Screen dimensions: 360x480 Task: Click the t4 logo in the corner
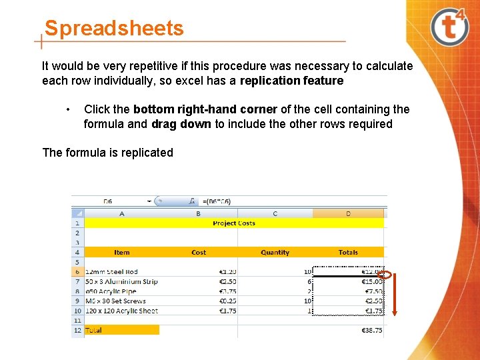click(x=450, y=27)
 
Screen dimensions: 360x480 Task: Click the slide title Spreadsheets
click(x=113, y=29)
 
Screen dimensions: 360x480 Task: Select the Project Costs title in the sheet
click(x=234, y=223)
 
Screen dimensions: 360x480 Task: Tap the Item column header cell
click(x=122, y=253)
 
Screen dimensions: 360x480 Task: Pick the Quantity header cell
click(x=275, y=253)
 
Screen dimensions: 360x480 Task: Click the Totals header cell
click(x=348, y=253)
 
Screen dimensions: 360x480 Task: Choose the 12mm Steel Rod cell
click(x=111, y=272)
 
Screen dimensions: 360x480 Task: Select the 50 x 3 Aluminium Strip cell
click(x=121, y=281)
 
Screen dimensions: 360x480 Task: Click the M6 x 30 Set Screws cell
click(x=115, y=301)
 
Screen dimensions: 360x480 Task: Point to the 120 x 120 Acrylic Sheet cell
click(x=121, y=311)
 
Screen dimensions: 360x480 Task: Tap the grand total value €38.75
click(x=372, y=330)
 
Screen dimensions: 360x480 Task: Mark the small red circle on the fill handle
click(x=384, y=274)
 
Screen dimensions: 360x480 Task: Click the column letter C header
click(x=275, y=213)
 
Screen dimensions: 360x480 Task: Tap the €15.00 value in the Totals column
click(x=371, y=281)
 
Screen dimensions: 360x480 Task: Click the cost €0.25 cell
click(x=227, y=301)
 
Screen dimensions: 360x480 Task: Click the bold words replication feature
click(x=291, y=81)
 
